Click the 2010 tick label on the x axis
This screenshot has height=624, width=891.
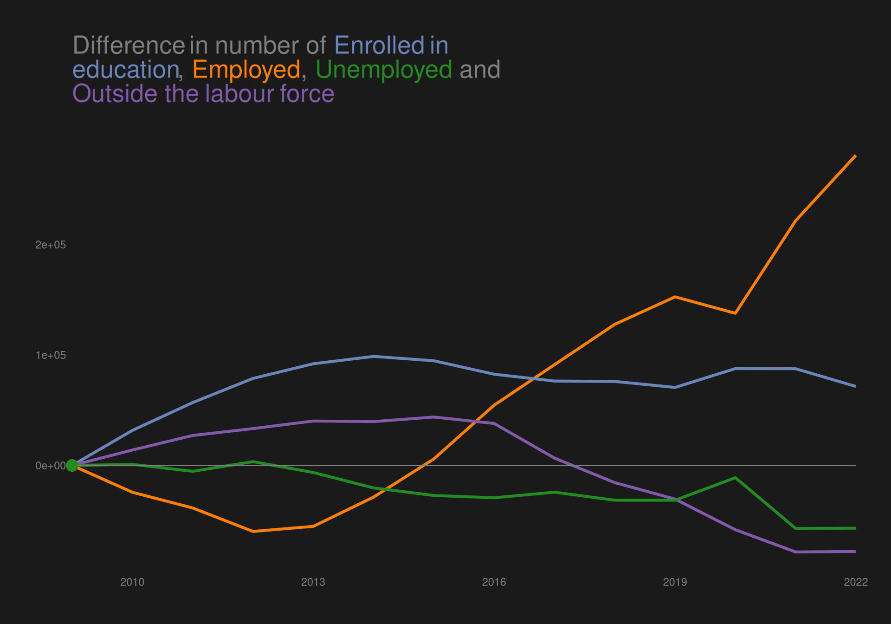[x=132, y=582]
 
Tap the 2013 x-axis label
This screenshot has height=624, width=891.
[x=313, y=582]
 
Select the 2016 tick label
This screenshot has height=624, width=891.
[x=494, y=582]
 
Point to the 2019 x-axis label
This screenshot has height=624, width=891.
[x=675, y=582]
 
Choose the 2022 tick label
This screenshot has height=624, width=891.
[x=855, y=582]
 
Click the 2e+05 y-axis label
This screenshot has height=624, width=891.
[x=51, y=245]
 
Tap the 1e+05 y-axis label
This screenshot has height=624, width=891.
[x=51, y=356]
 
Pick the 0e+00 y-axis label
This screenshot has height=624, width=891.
[x=51, y=466]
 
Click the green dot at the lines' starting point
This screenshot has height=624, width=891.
[x=72, y=465]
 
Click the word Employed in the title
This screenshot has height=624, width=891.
[x=246, y=70]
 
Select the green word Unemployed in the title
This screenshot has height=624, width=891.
[x=384, y=70]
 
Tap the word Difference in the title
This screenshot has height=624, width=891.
[x=129, y=45]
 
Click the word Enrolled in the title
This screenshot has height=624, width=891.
[x=379, y=45]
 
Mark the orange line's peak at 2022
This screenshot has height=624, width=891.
[x=855, y=156]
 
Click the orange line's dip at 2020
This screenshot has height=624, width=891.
[x=735, y=313]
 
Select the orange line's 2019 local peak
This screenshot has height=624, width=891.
[x=675, y=297]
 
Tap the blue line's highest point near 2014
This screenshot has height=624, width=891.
[x=374, y=356]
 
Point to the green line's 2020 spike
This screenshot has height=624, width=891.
[x=735, y=478]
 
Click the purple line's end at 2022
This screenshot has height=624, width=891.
[x=855, y=552]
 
